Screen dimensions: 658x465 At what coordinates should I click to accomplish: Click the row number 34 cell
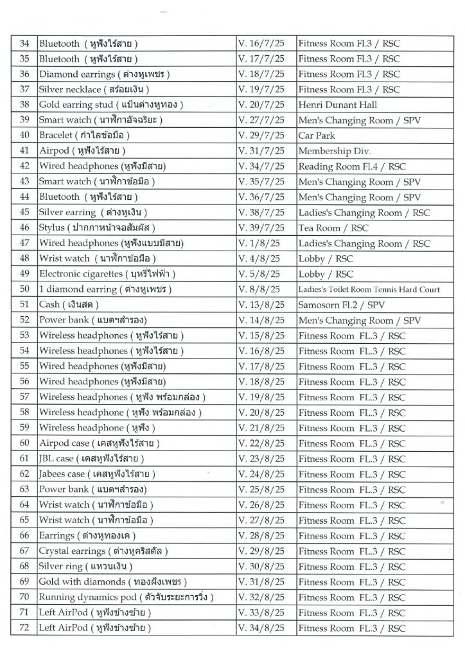(x=25, y=44)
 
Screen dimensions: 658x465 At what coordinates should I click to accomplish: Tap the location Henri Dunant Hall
(x=337, y=105)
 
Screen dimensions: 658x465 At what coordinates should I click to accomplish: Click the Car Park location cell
(x=316, y=136)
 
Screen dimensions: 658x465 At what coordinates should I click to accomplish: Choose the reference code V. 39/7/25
(x=262, y=228)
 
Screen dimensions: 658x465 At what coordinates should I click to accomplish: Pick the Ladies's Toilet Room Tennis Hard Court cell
(x=369, y=290)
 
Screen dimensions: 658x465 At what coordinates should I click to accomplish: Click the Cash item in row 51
(x=69, y=305)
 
